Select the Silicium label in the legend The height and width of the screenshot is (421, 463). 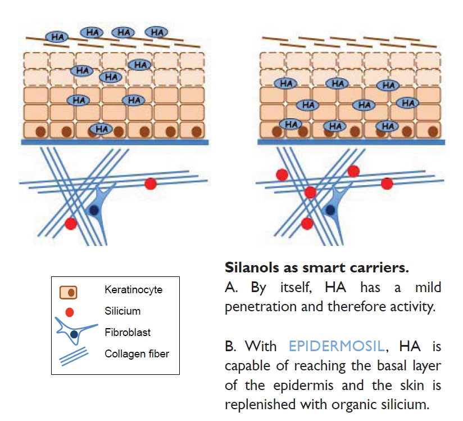pos(122,311)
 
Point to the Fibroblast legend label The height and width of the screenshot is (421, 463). pos(124,332)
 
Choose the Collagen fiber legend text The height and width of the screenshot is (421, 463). pos(137,354)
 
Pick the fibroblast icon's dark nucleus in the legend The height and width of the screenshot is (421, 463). pos(75,335)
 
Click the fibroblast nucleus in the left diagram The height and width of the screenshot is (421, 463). pos(95,209)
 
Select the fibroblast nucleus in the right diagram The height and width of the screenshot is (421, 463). pos(331,209)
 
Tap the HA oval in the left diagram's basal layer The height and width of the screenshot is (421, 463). pos(101,129)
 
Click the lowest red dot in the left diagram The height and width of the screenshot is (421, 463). pos(70,223)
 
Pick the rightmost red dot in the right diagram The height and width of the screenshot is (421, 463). pos(387,183)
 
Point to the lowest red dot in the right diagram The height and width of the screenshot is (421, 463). pos(307,223)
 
